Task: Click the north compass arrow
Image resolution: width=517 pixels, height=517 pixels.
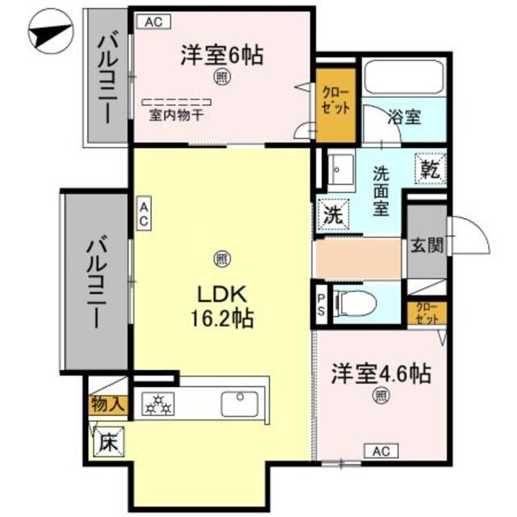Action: click(x=48, y=34)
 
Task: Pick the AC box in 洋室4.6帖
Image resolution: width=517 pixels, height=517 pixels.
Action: click(x=382, y=450)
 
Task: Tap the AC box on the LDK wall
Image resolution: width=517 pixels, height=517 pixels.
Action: click(x=142, y=215)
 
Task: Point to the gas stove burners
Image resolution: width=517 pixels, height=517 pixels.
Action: click(x=158, y=402)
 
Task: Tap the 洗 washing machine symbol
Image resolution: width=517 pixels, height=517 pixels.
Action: click(x=332, y=215)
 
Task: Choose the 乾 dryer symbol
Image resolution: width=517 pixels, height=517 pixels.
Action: click(x=429, y=168)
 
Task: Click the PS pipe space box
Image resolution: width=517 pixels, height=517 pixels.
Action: click(x=321, y=305)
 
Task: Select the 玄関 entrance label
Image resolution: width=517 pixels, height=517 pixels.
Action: click(x=426, y=246)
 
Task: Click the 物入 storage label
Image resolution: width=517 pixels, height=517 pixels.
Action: click(x=107, y=402)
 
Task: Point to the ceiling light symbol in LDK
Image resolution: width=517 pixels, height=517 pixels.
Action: click(x=220, y=258)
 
